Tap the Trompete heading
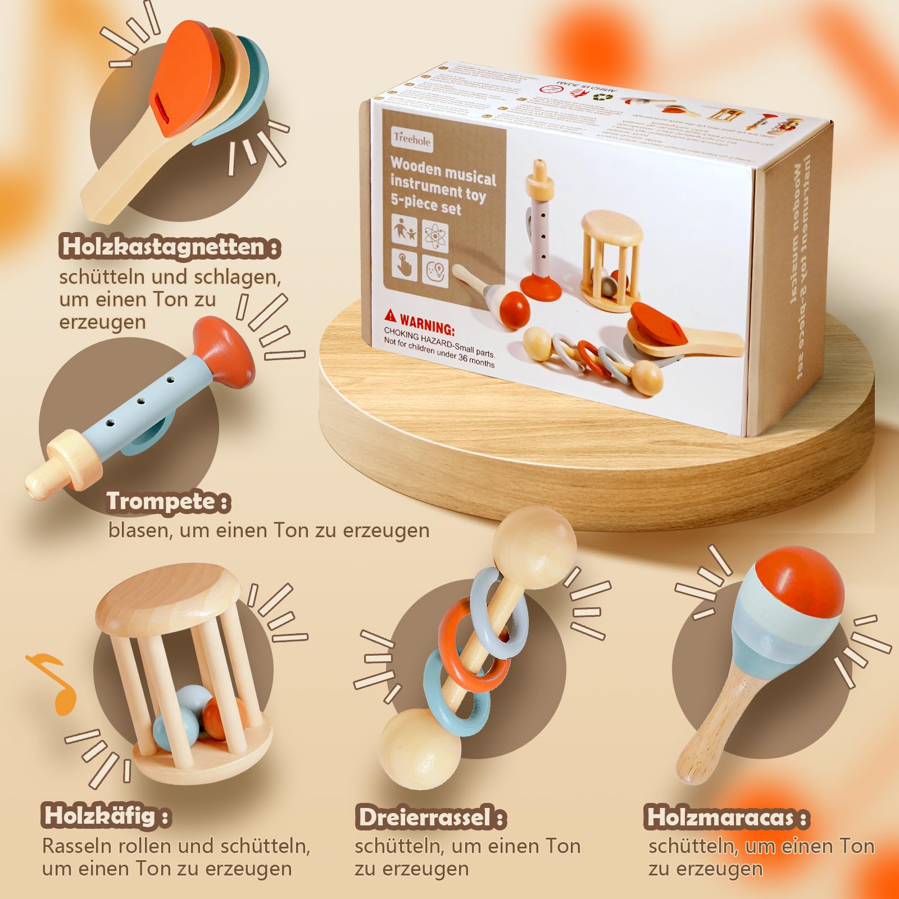pyautogui.click(x=168, y=501)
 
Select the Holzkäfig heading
pyautogui.click(x=105, y=815)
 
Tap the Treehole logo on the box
pyautogui.click(x=412, y=139)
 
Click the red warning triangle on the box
pyautogui.click(x=391, y=316)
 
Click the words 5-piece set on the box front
pyautogui.click(x=425, y=203)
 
